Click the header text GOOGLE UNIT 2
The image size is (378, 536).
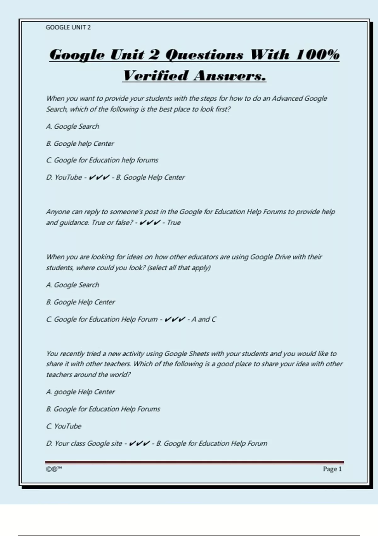click(68, 27)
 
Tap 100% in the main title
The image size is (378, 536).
click(318, 55)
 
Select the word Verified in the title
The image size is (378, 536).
click(156, 76)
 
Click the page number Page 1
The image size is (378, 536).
click(332, 469)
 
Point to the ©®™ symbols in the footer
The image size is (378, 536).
click(54, 469)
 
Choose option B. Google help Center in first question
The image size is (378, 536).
click(80, 143)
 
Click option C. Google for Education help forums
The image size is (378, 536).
click(102, 160)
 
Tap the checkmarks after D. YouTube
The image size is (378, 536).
click(99, 178)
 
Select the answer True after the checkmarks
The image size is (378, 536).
click(174, 223)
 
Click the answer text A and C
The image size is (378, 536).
click(204, 319)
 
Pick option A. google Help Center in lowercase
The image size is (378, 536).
click(80, 392)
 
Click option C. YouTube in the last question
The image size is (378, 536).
click(64, 426)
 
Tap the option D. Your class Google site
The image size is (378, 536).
click(84, 444)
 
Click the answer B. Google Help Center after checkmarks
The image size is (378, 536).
click(150, 178)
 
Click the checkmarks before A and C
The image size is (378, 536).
click(175, 319)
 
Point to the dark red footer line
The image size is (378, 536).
click(194, 463)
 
